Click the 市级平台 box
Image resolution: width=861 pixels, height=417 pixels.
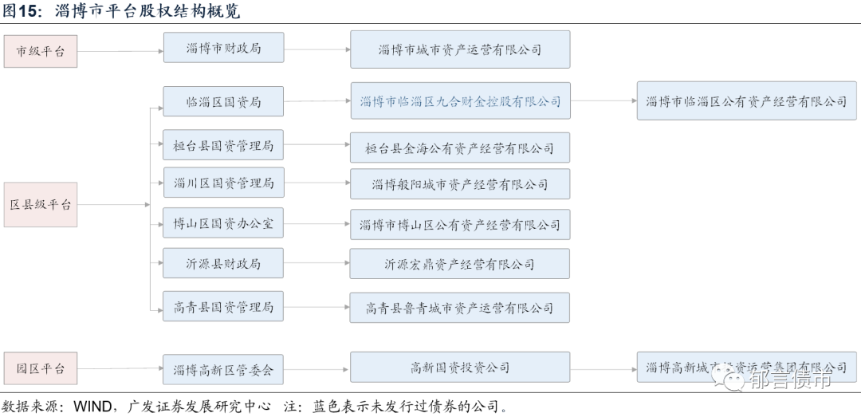(41, 51)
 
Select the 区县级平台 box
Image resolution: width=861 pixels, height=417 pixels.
(41, 204)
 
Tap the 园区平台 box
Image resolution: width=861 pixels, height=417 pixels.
(41, 369)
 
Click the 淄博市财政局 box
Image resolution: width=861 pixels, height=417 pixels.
(223, 48)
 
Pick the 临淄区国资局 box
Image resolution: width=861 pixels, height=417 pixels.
(223, 101)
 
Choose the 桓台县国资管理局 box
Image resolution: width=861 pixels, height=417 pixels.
(223, 146)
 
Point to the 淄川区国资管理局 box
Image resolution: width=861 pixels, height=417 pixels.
(223, 183)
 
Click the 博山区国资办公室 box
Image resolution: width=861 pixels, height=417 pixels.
(223, 224)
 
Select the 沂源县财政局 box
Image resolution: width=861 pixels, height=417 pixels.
(223, 263)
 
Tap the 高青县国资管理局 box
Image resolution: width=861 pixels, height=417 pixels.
(223, 307)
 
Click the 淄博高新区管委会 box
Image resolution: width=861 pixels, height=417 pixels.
(223, 370)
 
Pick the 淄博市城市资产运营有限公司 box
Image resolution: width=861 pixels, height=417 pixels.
(460, 49)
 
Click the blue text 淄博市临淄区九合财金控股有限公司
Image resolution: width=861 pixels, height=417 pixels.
(460, 101)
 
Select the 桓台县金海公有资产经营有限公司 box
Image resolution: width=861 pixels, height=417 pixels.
(460, 148)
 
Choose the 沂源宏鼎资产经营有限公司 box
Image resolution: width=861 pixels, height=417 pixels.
(460, 264)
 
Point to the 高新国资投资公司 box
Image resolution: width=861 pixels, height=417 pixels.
(460, 368)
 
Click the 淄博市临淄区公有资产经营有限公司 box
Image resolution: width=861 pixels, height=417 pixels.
(746, 101)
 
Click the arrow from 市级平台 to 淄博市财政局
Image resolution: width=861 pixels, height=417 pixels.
(120, 51)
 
